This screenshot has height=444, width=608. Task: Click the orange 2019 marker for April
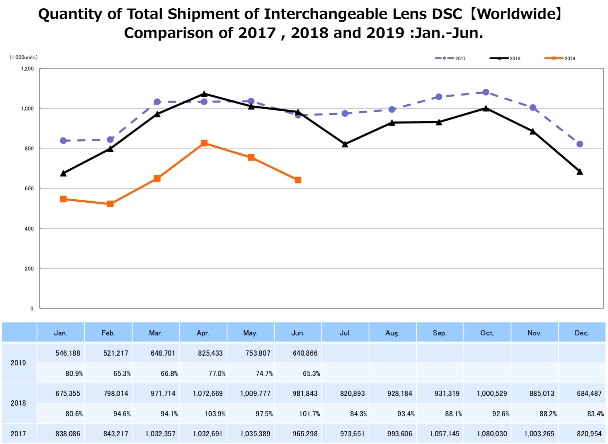pos(204,143)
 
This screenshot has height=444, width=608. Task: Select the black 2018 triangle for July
pos(345,144)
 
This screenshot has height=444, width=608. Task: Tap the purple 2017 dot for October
pos(486,92)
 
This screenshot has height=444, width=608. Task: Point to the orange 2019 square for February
pos(110,204)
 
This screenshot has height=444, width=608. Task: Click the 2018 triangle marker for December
pos(580,172)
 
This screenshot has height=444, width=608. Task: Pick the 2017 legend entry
pos(450,58)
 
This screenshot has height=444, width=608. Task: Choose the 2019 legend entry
pos(560,58)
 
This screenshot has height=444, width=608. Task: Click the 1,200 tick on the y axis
pos(27,69)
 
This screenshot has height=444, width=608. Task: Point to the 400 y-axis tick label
pos(29,229)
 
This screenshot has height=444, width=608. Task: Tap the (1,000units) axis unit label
pos(23,57)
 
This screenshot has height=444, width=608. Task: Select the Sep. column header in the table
pos(440,333)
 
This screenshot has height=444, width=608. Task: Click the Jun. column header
pos(298,333)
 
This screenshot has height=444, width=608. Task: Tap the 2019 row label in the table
pos(18,363)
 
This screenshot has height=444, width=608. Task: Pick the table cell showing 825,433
pos(210,353)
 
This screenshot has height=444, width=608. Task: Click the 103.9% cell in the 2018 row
pos(215,414)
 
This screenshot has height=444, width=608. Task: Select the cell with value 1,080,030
pos(492,434)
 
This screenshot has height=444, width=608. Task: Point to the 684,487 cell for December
pos(589,393)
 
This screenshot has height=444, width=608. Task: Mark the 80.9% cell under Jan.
pos(74,373)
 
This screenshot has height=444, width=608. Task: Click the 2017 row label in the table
pos(18,434)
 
